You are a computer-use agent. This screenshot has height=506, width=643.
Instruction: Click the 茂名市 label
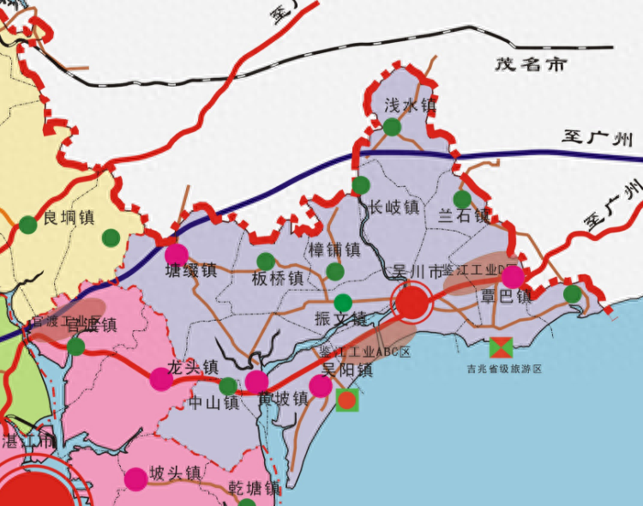pos(532,64)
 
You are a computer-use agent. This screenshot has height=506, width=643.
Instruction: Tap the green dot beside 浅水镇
pos(392,127)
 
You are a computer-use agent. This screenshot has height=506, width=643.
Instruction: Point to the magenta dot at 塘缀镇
pos(176,254)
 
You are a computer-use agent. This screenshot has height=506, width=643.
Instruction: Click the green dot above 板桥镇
pos(266,261)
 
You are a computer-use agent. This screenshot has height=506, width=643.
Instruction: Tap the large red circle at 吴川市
pos(412,301)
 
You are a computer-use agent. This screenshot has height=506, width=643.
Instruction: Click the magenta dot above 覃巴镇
pos(513,277)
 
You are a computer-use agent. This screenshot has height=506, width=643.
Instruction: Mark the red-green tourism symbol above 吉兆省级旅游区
pos(502,347)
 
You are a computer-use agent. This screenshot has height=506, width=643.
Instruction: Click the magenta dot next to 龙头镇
pos(161,378)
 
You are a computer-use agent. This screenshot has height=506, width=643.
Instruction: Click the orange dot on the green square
pos(347,400)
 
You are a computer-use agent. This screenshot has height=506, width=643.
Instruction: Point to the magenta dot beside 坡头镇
pos(135,479)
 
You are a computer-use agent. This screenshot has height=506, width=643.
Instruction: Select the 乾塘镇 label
pos(255,489)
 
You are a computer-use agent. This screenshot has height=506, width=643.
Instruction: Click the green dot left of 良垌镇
pos(27,225)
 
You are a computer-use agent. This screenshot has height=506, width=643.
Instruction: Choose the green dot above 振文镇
pos(343,302)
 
